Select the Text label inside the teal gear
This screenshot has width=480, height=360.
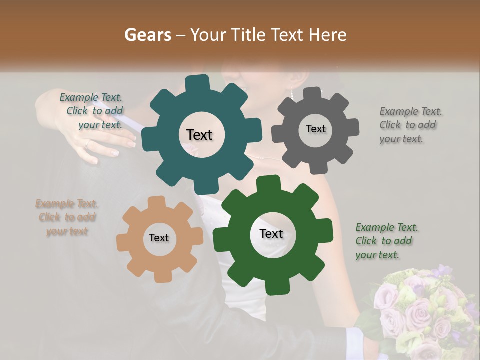[x=199, y=135]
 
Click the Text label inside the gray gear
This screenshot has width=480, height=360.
[x=315, y=129]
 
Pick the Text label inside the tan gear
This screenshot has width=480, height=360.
[x=159, y=238]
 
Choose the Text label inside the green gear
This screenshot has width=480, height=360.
[x=271, y=233]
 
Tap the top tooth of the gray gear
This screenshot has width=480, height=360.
[x=313, y=93]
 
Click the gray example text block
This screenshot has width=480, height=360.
[x=407, y=125]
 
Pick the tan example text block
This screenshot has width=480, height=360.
[x=67, y=217]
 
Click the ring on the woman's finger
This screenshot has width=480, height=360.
[x=87, y=144]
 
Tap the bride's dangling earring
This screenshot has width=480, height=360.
[x=291, y=93]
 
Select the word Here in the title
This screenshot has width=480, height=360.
[x=327, y=35]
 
